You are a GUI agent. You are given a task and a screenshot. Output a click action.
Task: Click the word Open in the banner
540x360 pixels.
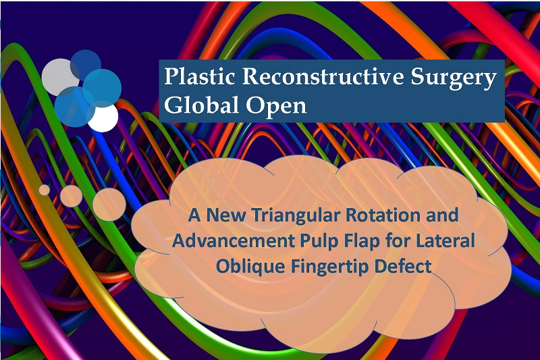pyautogui.click(x=276, y=107)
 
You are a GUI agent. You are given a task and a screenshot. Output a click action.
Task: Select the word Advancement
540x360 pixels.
pyautogui.click(x=233, y=240)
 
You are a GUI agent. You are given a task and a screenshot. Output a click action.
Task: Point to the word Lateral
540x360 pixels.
pyautogui.click(x=446, y=240)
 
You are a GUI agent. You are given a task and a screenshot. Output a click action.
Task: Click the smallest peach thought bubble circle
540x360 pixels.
pyautogui.click(x=44, y=190)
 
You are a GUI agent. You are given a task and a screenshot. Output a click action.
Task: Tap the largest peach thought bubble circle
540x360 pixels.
pyautogui.click(x=109, y=205)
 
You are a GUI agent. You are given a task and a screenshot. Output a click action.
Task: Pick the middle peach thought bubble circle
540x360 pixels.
pyautogui.click(x=71, y=196)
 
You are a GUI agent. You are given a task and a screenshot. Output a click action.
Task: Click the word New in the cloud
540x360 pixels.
pyautogui.click(x=226, y=215)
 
